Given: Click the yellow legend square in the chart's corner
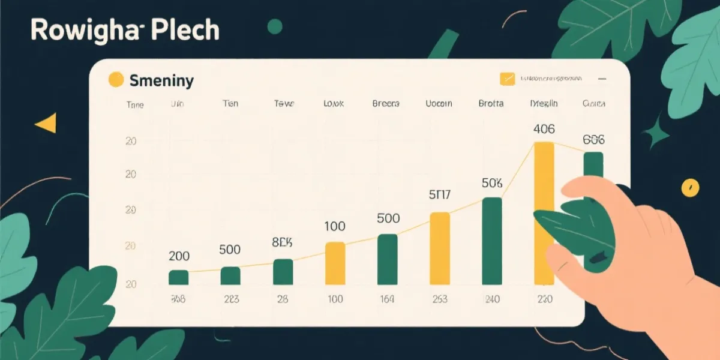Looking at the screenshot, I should (508, 79).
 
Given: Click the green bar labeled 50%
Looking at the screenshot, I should (492, 241).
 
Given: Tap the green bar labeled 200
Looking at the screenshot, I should (178, 277).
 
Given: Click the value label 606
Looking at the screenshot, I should (593, 140).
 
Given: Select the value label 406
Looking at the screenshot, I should (544, 128).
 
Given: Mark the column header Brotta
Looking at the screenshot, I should (491, 103).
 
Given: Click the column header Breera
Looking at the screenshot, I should (386, 103).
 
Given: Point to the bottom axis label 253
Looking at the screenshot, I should (439, 299).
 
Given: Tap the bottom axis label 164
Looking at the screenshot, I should (387, 299).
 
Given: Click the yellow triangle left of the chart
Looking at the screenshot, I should (46, 123).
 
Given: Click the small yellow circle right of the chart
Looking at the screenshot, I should (690, 187).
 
